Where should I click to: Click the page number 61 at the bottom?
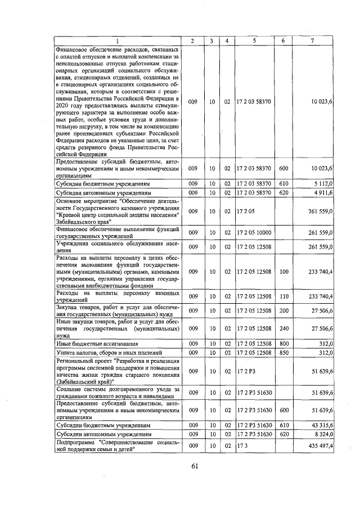point(195,465)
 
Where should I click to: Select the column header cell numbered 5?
point(254,41)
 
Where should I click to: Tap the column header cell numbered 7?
point(313,41)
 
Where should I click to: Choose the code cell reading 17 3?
point(244,445)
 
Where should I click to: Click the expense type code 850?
point(283,353)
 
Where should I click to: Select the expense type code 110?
point(283,296)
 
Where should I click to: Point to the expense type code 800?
point(283,343)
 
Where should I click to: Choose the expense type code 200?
point(283,310)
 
